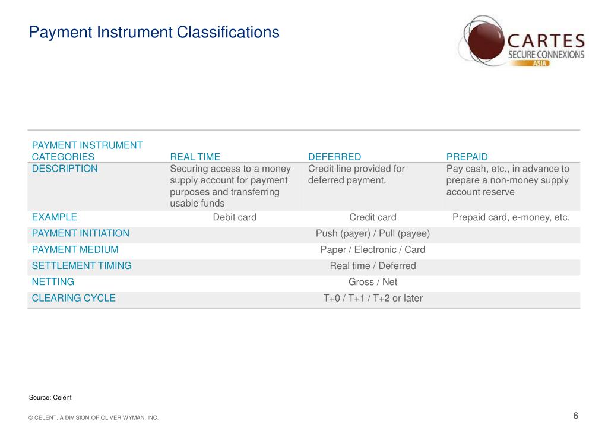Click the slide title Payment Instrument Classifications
154,32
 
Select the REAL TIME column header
195,157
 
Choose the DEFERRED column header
334,157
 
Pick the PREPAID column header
467,157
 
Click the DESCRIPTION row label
65,169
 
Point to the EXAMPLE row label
54,217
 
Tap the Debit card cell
235,217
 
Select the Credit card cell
373,217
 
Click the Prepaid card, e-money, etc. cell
511,217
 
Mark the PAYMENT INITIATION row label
80,233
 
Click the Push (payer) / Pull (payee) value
373,233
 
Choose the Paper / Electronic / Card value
373,250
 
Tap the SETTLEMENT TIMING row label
81,266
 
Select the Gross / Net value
373,282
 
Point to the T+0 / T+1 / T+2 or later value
373,298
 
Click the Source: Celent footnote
50,397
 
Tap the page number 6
575,416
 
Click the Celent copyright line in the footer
94,418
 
